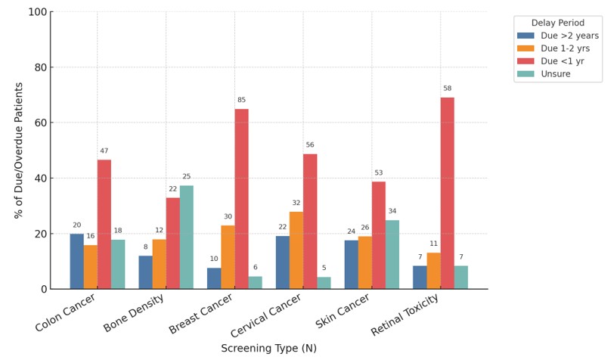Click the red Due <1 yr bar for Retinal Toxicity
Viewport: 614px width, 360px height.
448,193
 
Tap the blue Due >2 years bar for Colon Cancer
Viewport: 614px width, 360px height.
77,262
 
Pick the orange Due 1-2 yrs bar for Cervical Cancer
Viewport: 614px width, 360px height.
296,250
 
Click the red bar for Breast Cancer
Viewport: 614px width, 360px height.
241,199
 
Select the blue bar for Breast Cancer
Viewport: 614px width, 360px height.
214,278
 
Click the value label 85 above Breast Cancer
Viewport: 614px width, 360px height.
241,100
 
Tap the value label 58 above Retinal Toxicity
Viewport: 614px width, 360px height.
448,88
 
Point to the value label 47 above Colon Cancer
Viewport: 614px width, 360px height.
104,151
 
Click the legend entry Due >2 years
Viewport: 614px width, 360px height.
559,36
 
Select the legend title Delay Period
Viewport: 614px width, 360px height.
557,23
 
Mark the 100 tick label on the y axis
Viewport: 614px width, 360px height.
36,12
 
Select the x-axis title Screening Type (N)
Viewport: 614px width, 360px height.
268,349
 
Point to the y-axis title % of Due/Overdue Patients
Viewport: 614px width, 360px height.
20,151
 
